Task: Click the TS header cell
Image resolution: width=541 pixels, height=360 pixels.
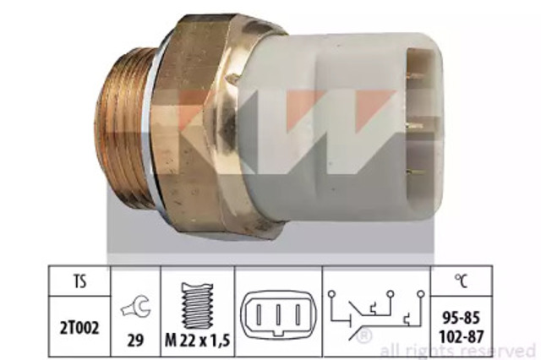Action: click(79, 281)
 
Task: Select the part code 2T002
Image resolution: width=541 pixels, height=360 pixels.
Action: click(79, 327)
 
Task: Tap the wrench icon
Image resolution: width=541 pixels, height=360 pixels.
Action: click(135, 308)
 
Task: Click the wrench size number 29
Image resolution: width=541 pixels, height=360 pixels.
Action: click(135, 341)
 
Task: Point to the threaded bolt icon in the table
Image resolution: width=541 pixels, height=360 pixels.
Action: click(197, 306)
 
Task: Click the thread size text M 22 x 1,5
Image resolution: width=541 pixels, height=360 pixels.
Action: click(197, 341)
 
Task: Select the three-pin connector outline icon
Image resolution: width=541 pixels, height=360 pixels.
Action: click(278, 315)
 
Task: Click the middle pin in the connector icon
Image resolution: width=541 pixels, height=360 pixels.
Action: click(278, 314)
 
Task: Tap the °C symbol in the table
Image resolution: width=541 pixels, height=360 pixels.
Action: click(462, 281)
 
